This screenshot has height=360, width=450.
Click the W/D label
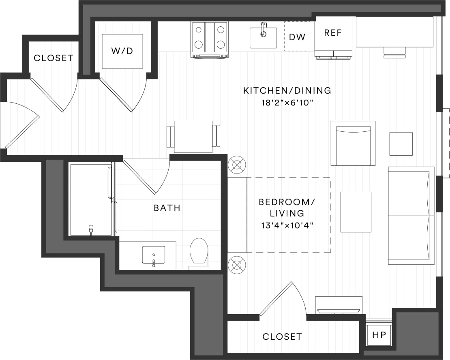tap(122, 51)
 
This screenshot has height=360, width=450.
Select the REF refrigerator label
tap(333, 33)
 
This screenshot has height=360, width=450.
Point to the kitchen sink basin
tap(263, 38)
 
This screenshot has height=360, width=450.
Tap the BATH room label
tap(167, 208)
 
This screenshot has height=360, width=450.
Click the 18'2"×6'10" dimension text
tap(287, 103)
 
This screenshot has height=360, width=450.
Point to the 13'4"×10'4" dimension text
tap(287, 224)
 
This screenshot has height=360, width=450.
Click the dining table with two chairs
tap(193, 136)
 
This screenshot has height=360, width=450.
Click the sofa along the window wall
tap(411, 215)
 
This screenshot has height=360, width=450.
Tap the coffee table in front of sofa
tap(356, 212)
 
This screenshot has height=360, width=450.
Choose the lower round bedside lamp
tap(237, 265)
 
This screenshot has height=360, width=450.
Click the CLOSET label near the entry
tap(54, 58)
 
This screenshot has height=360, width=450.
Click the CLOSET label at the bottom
tap(282, 336)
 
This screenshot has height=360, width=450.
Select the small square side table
tap(401, 144)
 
